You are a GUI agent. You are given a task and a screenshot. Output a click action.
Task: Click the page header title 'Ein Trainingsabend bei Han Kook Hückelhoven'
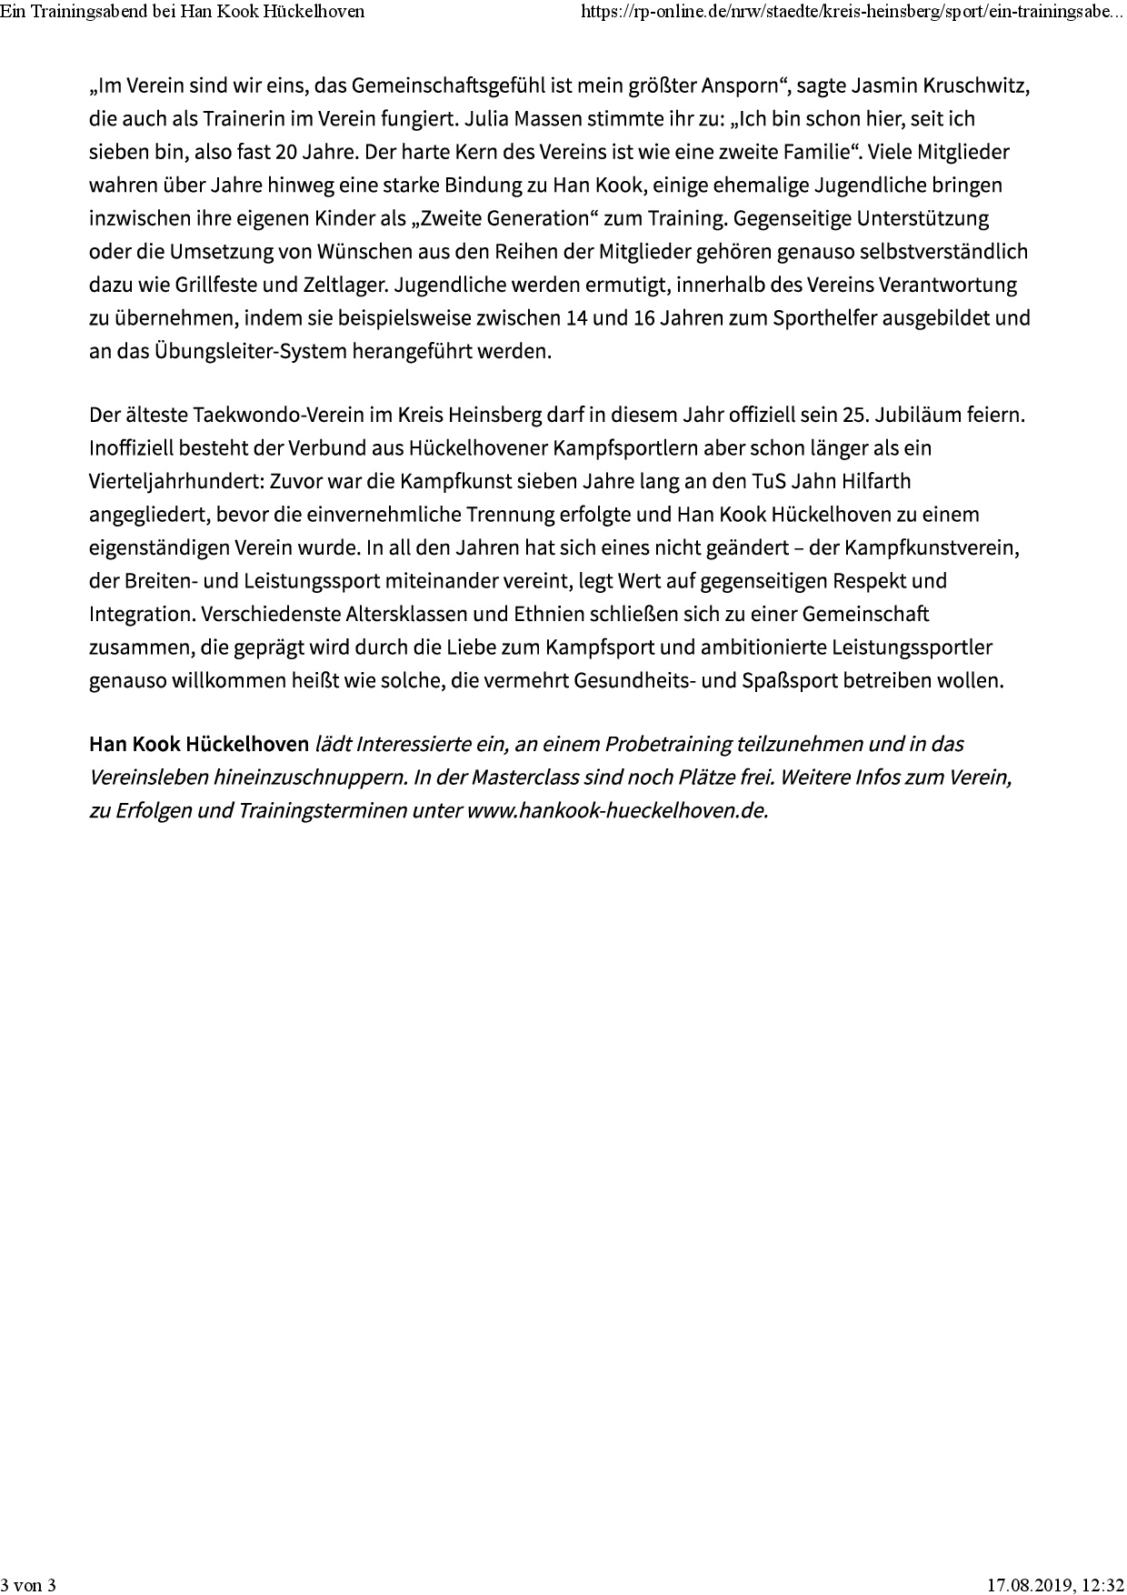[x=183, y=11]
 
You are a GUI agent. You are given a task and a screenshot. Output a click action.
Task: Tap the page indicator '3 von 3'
[x=28, y=1585]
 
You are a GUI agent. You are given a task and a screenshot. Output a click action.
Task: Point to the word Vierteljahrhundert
[x=175, y=482]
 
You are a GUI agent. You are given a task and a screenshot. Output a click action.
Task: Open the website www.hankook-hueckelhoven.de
[x=617, y=810]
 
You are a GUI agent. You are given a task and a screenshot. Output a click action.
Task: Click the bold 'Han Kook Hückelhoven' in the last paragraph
[x=199, y=745]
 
